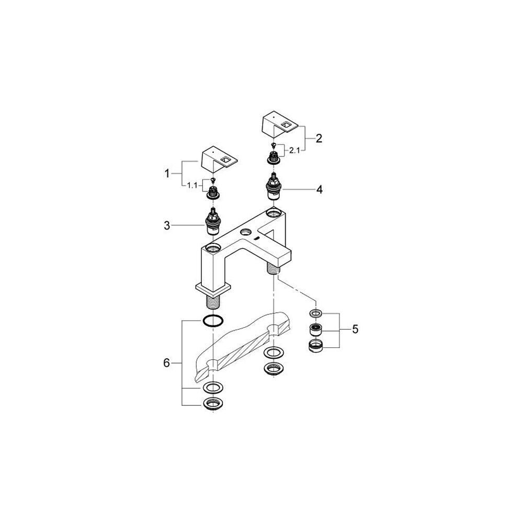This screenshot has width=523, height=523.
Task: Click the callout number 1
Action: click(167, 174)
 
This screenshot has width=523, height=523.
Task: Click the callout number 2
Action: click(319, 138)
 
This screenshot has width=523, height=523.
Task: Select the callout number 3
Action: click(167, 225)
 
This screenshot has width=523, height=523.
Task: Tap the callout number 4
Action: click(320, 190)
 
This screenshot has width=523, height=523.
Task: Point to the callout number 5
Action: click(355, 329)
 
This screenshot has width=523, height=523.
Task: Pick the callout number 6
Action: click(166, 362)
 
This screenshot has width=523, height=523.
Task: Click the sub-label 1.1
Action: click(192, 186)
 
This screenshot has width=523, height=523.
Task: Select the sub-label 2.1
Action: click(294, 151)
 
